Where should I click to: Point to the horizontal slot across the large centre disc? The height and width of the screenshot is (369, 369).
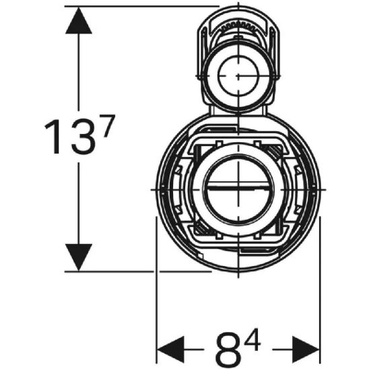(238, 188)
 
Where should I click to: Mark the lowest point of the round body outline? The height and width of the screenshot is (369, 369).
(238, 271)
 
